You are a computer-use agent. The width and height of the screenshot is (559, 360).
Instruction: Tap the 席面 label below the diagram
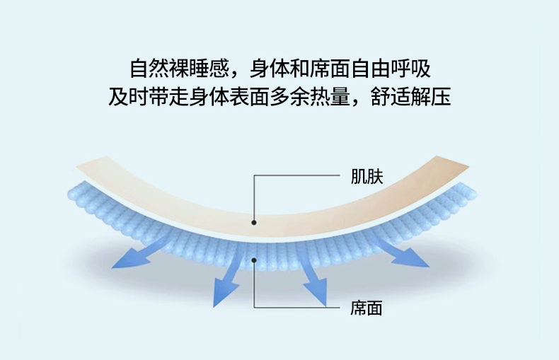coord(367,308)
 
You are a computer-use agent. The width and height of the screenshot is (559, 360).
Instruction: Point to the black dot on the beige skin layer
coord(254,222)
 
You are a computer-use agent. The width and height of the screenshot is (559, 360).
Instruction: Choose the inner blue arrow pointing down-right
coord(311,283)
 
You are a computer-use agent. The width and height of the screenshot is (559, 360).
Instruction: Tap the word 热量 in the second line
coord(330,96)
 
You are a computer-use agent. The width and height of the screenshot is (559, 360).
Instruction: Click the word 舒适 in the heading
coord(391,96)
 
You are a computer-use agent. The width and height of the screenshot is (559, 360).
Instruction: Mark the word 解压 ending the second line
coord(432,96)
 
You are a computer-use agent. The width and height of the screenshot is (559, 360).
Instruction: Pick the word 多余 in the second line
coord(290,96)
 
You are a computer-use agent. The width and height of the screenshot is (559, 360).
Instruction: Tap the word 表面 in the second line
coord(250,96)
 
